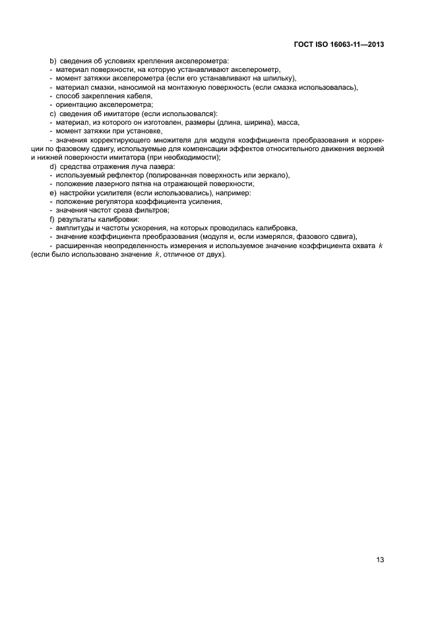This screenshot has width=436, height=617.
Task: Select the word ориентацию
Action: pyautogui.click(x=78, y=105)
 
